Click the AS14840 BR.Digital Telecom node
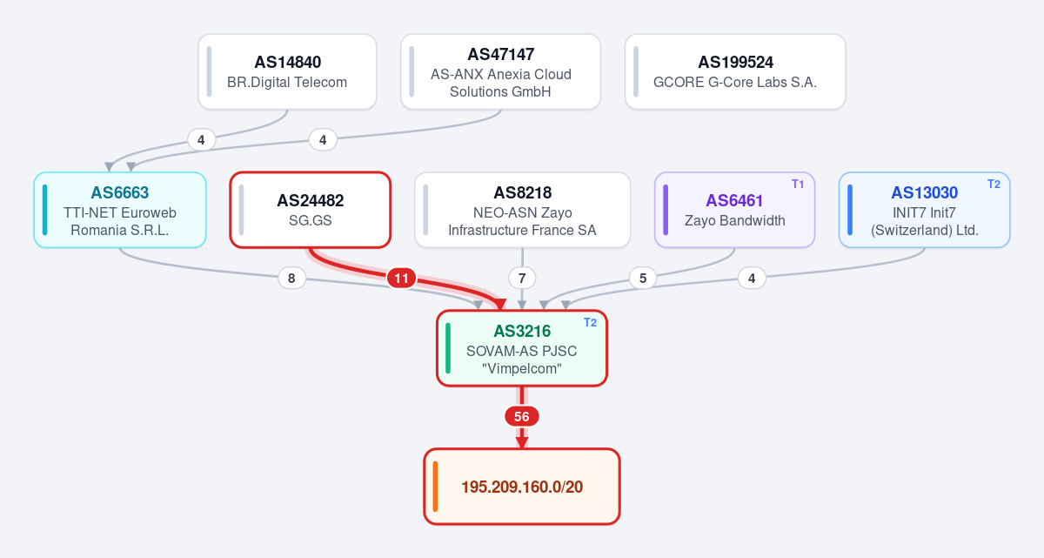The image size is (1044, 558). coord(287,71)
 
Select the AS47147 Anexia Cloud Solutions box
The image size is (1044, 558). coord(500,71)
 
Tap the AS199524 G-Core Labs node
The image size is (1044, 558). coord(735,71)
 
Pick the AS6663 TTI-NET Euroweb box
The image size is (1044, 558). coord(120,210)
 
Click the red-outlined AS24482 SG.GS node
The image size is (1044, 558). coord(311,210)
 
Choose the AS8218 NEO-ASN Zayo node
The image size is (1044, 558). coord(523,210)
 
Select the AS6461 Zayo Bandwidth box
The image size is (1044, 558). coord(734,210)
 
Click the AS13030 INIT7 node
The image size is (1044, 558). coord(925,210)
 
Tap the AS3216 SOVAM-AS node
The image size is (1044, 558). coord(522,348)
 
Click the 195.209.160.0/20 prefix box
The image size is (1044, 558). coord(522,487)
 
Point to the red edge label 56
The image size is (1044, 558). coord(522,417)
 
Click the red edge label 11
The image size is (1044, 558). coord(401,279)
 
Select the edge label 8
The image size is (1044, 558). coord(291,279)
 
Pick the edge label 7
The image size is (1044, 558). coord(522,279)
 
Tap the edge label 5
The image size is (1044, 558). coord(643,279)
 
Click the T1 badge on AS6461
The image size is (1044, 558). coord(798,185)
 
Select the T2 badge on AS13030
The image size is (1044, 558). coord(994,185)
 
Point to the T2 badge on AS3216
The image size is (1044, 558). coord(590,323)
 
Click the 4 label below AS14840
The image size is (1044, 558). coord(201,140)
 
